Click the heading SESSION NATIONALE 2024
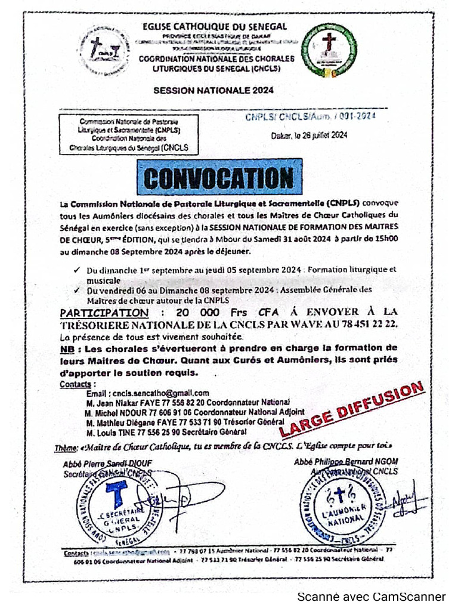coord(213,91)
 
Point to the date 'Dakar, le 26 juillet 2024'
coord(309,136)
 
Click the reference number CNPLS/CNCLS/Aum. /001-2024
coord(310,118)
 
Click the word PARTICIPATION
coord(104,313)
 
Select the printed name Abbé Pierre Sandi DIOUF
coord(108,464)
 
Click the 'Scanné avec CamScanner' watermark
coord(372,596)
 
